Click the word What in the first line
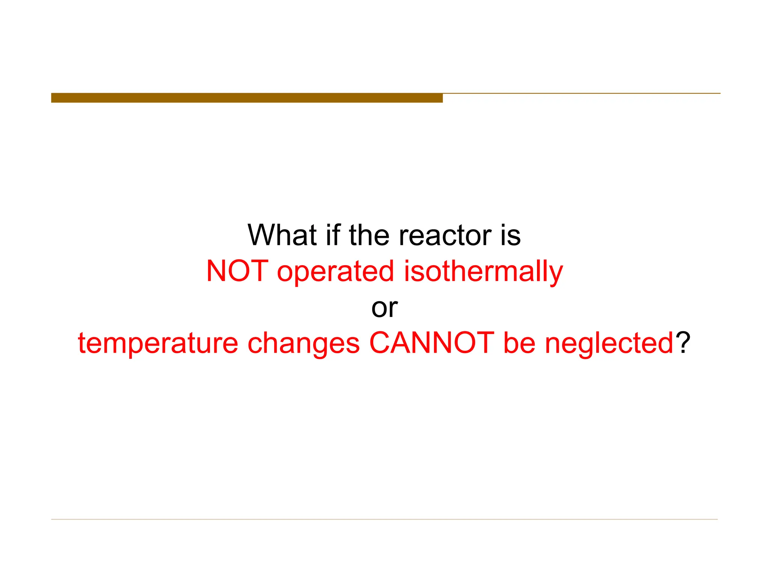(282, 235)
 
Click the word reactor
(445, 235)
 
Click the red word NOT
(237, 271)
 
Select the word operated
(335, 271)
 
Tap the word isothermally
(483, 272)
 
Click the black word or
(384, 308)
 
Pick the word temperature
(158, 343)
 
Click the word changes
(304, 343)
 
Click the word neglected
(609, 343)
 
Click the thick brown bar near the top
(247, 98)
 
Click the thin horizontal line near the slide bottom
(384, 519)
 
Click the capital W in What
(261, 235)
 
